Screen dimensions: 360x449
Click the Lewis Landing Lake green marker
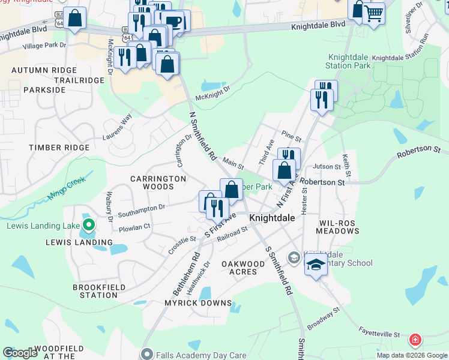click(x=88, y=226)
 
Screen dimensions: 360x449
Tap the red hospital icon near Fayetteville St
click(x=414, y=341)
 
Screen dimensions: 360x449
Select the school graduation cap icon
click(x=315, y=265)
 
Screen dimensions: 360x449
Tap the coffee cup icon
click(x=173, y=20)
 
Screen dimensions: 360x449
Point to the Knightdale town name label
click(x=272, y=218)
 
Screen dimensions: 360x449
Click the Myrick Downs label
click(x=198, y=304)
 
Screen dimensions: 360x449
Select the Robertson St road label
click(x=322, y=182)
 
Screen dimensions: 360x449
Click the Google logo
click(x=20, y=353)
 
